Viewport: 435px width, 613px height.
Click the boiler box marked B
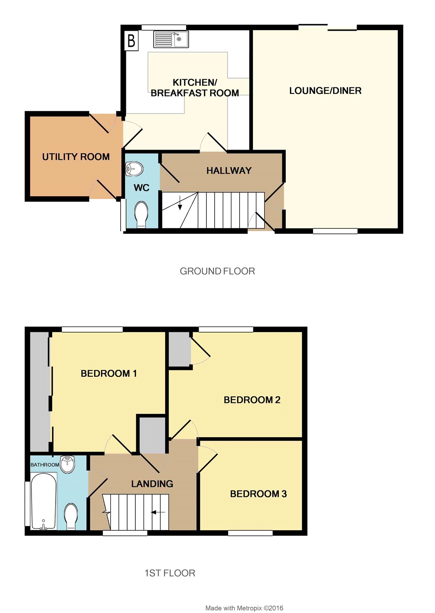pos(131,40)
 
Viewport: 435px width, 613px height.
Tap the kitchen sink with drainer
pos(171,39)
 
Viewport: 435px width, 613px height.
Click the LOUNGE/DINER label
pos(325,91)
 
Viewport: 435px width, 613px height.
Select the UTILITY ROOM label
pos(76,157)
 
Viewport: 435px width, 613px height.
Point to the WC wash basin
pos(134,168)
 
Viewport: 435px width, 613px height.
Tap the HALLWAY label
pos(229,171)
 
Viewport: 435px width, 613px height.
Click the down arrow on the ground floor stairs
pos(180,203)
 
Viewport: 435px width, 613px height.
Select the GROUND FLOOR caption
pos(217,271)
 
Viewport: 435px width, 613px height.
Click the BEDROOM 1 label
pos(109,373)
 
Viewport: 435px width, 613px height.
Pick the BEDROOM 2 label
pos(252,400)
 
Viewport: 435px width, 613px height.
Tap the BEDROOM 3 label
pos(258,494)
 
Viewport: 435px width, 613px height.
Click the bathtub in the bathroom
pos(43,501)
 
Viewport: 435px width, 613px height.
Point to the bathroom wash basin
pos(67,464)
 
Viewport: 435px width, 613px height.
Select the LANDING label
pos(152,484)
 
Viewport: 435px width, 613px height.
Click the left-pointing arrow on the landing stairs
pos(158,512)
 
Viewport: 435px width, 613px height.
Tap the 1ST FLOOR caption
pos(170,573)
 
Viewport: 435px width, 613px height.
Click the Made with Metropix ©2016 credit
pos(244,606)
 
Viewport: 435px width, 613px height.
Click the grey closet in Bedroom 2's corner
pos(179,349)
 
